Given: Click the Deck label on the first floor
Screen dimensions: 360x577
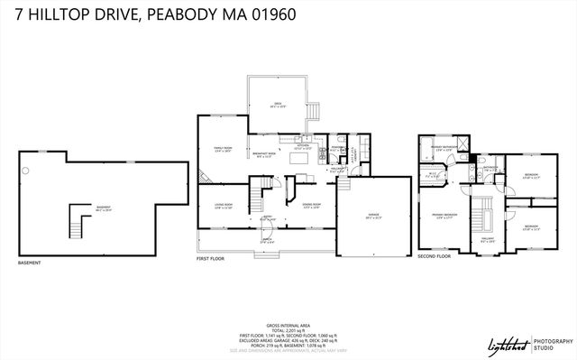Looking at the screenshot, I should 278,105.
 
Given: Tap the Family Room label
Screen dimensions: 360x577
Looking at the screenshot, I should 223,150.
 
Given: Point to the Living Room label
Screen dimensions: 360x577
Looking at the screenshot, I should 223,207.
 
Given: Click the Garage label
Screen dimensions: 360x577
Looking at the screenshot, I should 372,217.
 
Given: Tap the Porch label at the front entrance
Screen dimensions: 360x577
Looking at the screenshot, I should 266,241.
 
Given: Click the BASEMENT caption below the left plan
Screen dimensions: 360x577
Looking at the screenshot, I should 29,263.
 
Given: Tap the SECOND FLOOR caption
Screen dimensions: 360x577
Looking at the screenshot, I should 434,256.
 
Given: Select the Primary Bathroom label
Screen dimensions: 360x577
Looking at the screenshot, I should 443,148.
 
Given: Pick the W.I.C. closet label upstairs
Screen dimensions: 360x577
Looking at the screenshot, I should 432,176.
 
